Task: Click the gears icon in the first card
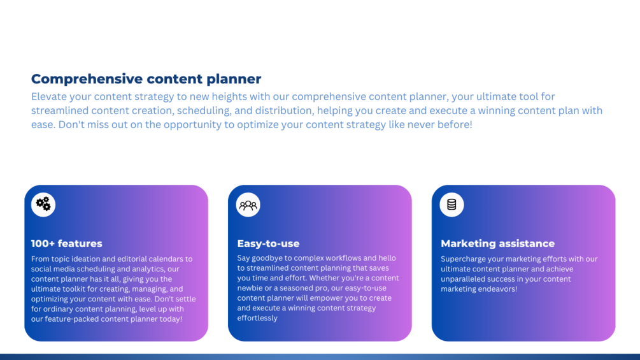pyautogui.click(x=43, y=204)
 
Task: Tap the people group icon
pyautogui.click(x=248, y=205)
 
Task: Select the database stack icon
pyautogui.click(x=452, y=205)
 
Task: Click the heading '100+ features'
pyautogui.click(x=66, y=243)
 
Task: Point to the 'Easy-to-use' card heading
pyautogui.click(x=268, y=243)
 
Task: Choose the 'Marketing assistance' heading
pyautogui.click(x=497, y=243)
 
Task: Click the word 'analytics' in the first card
pyautogui.click(x=150, y=269)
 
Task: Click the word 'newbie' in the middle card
pyautogui.click(x=250, y=288)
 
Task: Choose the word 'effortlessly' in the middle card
pyautogui.click(x=257, y=318)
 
